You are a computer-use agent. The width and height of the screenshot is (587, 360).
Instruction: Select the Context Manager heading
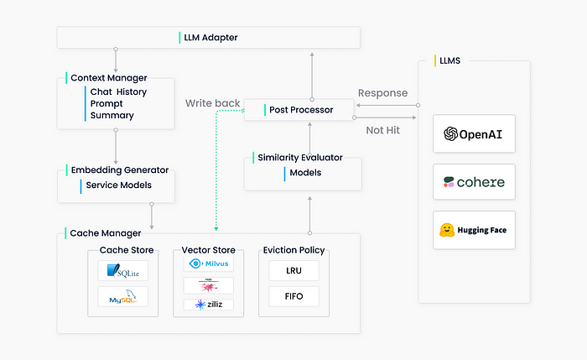coord(109,78)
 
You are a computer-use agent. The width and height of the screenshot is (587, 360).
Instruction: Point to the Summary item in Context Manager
coord(112,115)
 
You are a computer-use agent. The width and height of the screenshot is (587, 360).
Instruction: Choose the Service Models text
coord(119,185)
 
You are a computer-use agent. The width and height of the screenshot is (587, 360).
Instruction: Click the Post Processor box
coord(301,109)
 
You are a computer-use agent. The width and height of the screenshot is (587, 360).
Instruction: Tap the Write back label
coord(212,104)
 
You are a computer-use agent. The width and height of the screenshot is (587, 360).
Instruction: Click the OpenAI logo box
coord(474,133)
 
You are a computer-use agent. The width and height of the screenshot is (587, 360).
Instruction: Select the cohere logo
coord(474,181)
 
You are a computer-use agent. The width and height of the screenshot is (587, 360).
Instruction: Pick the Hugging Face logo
coord(474,230)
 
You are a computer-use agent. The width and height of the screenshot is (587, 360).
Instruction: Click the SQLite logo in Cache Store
coord(122,270)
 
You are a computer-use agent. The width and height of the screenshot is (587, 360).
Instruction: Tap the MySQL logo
coord(122,297)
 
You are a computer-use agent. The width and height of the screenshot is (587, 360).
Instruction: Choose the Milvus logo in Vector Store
coord(208,264)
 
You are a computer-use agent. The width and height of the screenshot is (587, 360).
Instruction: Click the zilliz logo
coord(208,305)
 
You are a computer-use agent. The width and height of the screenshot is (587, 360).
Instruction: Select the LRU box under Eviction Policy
coord(293,270)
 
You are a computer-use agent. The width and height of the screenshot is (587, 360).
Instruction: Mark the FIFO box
coord(293,297)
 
